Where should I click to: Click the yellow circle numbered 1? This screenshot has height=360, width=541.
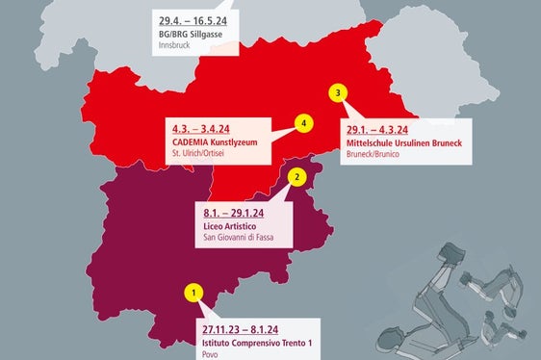click(193, 292)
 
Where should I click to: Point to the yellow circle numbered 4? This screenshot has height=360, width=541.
click(303, 124)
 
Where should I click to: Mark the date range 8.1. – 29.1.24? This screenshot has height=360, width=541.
click(234, 213)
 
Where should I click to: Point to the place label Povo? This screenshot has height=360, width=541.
click(211, 354)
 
